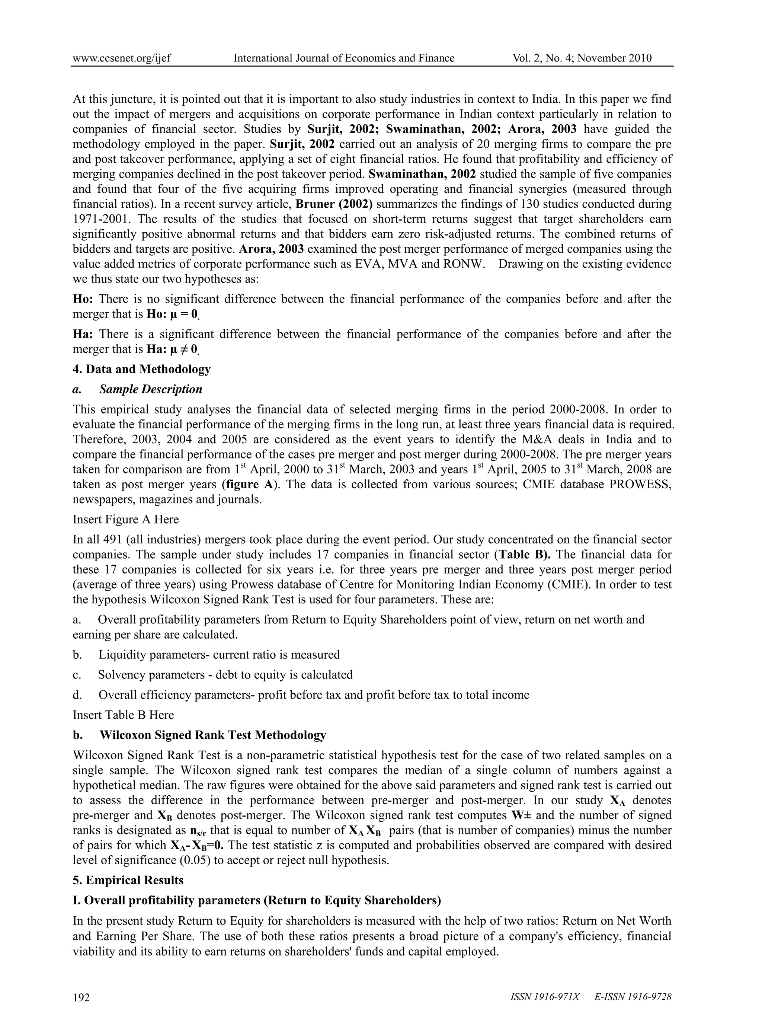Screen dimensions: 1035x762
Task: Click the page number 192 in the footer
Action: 81,997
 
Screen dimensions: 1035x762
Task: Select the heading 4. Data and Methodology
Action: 142,369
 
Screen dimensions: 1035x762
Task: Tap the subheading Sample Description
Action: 150,389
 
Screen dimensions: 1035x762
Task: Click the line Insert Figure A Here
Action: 125,519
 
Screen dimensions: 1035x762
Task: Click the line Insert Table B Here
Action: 123,715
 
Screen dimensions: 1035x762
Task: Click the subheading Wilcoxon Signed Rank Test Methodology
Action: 213,735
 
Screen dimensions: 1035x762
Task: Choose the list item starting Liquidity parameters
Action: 219,654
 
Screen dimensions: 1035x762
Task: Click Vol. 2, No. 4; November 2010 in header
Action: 582,58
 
